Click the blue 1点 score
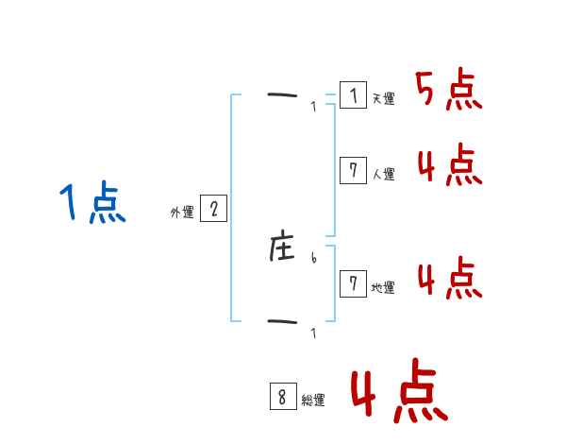[92, 204]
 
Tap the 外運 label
[181, 213]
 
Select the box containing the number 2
[214, 209]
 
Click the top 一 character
[282, 94]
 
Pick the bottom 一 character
[282, 322]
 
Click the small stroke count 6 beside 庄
[313, 258]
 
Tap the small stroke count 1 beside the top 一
[313, 106]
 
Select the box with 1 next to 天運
[353, 94]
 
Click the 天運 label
[383, 98]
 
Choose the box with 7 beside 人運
[353, 170]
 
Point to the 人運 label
[383, 174]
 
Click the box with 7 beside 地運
[353, 283]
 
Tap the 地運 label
[383, 287]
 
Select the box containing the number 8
[282, 397]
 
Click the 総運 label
[313, 401]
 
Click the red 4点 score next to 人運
[449, 166]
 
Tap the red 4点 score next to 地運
[449, 279]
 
